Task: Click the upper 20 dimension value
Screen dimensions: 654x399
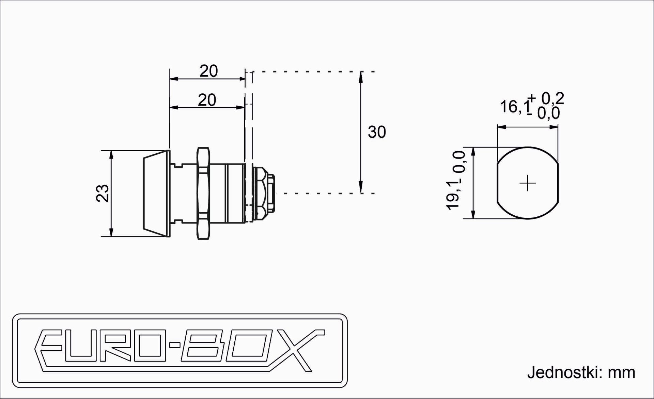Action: tap(208, 71)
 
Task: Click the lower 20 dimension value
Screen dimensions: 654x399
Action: tap(207, 100)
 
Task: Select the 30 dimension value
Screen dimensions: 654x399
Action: tap(377, 132)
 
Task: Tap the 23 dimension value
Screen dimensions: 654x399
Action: tap(103, 194)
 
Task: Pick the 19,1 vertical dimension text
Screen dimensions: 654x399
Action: tap(453, 196)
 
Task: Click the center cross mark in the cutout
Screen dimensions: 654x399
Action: tap(528, 183)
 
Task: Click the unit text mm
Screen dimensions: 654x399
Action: tap(622, 373)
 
